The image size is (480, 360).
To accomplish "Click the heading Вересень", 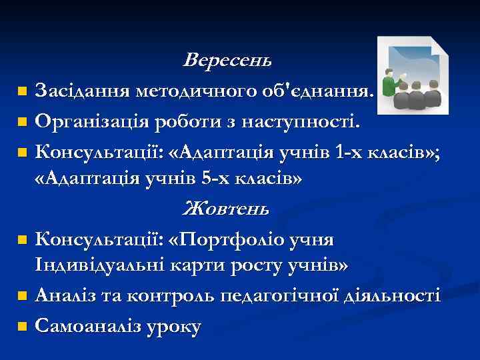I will tap(227, 61).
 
